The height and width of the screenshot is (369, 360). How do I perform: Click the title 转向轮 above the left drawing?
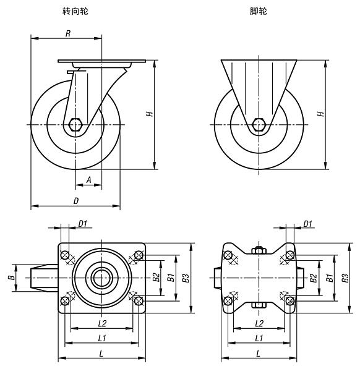pos(75,11)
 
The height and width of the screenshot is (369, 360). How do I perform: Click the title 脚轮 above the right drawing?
pos(259,11)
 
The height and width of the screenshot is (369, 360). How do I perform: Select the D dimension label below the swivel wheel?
pos(75,200)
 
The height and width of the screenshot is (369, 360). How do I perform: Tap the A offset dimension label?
pos(88,180)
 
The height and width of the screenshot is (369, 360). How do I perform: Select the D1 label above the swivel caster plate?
pos(82,224)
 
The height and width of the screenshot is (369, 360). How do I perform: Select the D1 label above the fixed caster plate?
pos(308,224)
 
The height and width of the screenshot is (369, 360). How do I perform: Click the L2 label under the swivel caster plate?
pos(103,323)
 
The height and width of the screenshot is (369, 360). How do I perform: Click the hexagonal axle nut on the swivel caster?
pos(75,124)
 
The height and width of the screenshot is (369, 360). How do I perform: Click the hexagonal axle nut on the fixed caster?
pos(259,124)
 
